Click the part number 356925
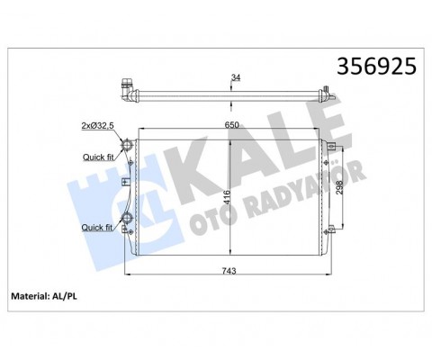tap(376, 67)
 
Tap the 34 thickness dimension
tap(236, 77)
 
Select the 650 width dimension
tap(232, 125)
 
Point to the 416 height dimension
tap(227, 197)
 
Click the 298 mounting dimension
tap(339, 187)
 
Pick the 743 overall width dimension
tap(229, 271)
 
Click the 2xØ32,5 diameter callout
tap(97, 126)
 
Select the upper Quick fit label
tap(98, 157)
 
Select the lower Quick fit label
tap(97, 228)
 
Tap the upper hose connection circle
tap(127, 145)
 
